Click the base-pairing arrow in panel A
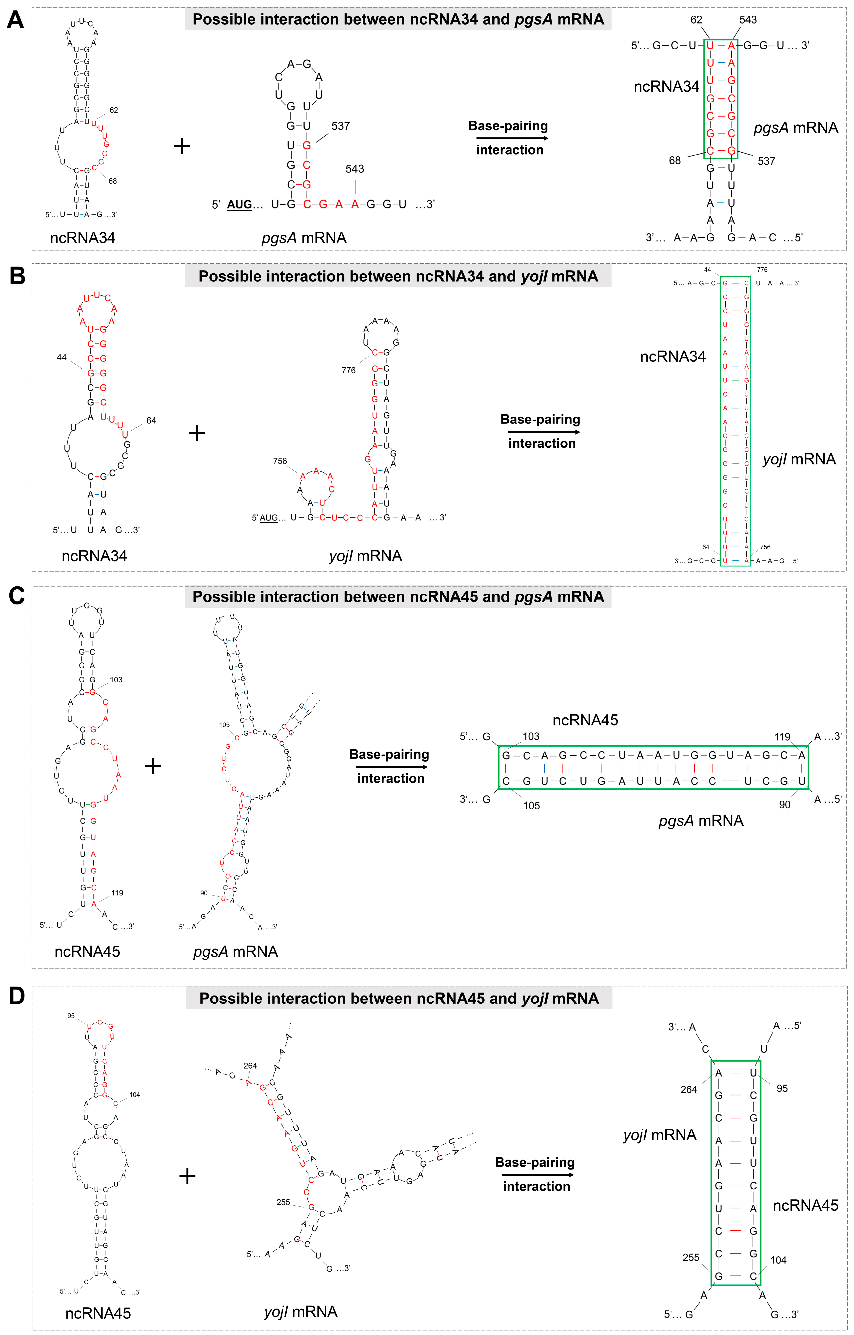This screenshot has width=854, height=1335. [x=509, y=138]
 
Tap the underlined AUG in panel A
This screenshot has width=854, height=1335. [x=239, y=205]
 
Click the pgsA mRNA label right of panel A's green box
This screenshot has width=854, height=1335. [x=796, y=128]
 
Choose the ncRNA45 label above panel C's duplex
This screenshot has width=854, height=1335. [x=585, y=720]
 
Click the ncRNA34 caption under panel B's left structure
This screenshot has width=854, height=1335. [x=94, y=556]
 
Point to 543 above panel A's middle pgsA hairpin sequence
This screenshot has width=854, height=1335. [x=355, y=169]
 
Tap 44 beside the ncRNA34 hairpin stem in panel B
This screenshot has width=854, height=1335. [x=61, y=358]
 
